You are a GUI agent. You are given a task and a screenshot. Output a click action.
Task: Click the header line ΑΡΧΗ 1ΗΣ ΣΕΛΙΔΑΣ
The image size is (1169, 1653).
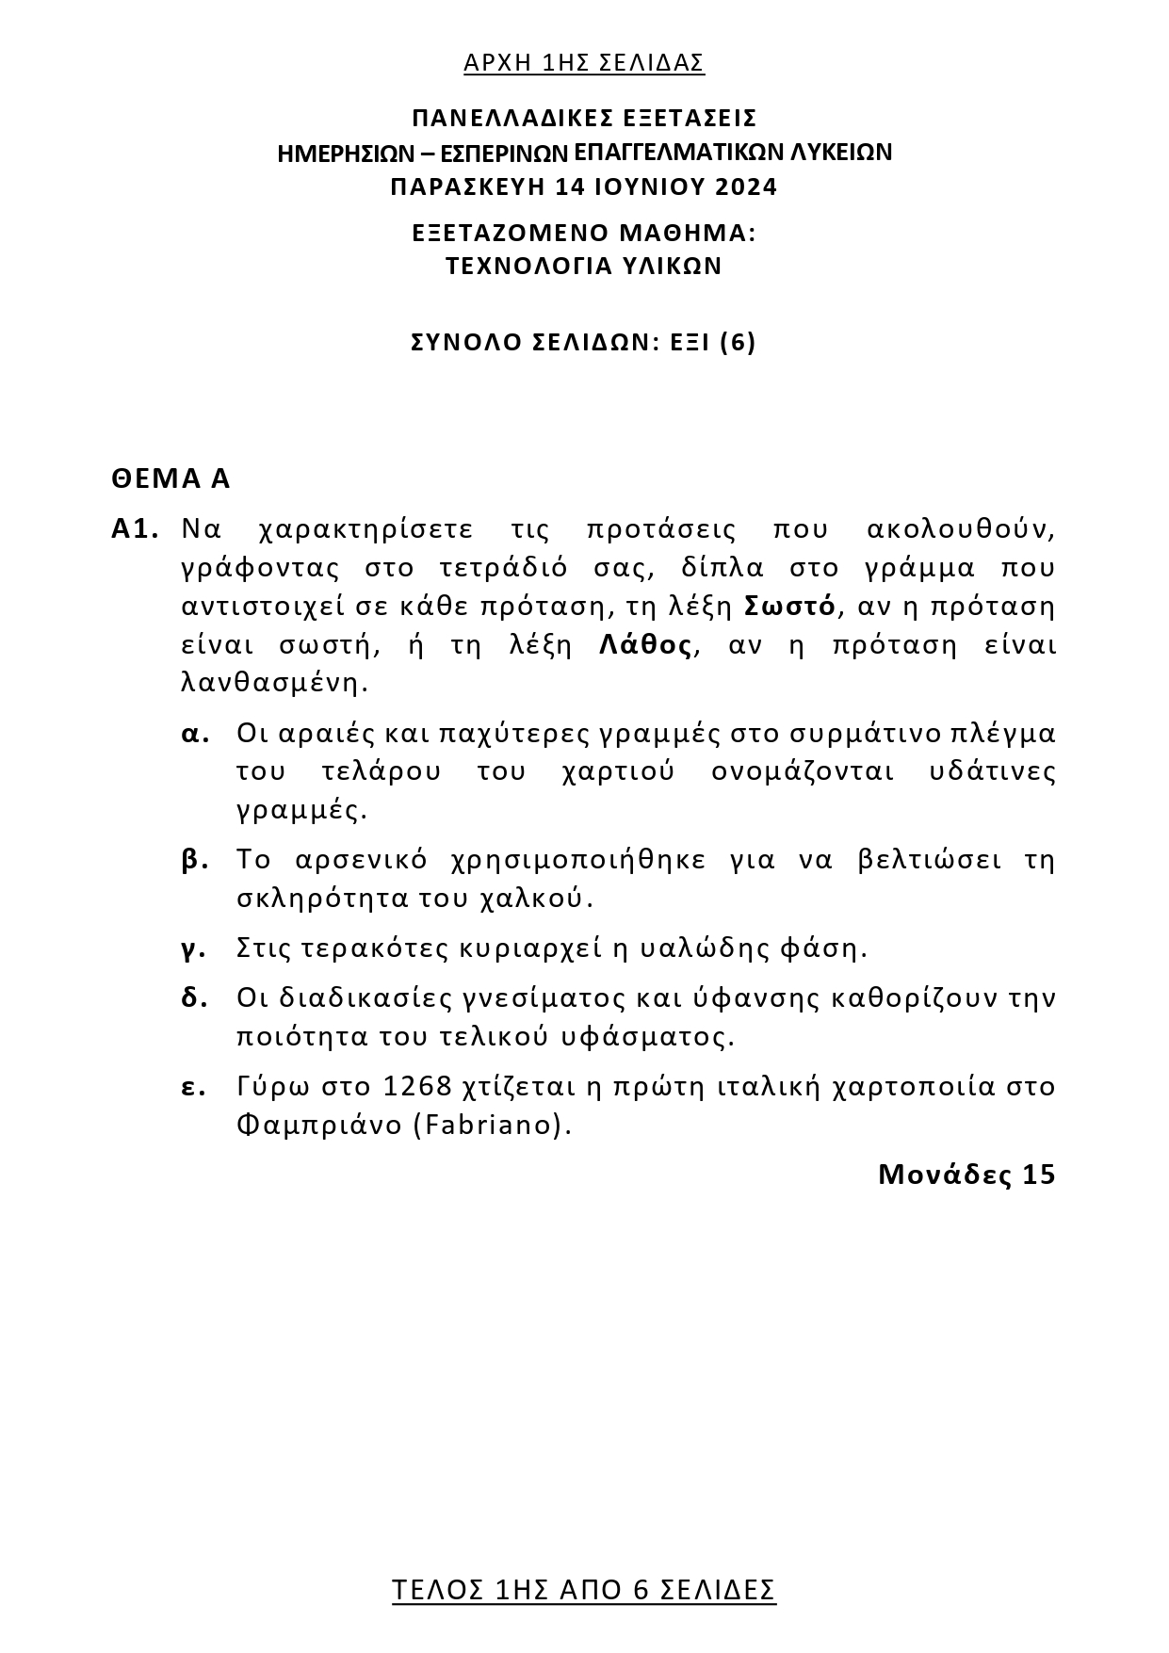coord(584,63)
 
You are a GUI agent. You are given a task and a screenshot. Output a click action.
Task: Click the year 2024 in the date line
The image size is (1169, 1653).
coord(746,186)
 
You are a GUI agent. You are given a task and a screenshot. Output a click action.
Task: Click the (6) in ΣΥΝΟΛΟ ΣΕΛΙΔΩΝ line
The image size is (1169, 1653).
coord(738,342)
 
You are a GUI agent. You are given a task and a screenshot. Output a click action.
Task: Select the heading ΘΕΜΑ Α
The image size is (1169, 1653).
coord(170,478)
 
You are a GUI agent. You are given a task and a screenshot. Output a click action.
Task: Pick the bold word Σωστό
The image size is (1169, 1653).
coord(789,606)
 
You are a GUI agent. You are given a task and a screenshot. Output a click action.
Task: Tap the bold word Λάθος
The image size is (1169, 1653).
coord(646,645)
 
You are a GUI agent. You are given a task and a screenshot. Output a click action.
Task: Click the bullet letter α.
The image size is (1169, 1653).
coord(194,733)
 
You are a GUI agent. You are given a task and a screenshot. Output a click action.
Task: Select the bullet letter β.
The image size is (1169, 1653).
coord(194,860)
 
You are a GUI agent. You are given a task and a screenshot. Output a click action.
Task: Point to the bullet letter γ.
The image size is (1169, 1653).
coord(193,948)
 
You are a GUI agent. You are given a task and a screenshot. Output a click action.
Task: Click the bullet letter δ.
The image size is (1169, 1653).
coord(194,997)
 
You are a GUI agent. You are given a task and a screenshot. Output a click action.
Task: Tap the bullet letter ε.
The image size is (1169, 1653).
coord(193,1087)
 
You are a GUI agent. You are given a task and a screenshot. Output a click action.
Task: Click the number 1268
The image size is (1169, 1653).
coord(418,1087)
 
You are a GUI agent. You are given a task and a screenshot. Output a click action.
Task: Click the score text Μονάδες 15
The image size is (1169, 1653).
coord(966,1175)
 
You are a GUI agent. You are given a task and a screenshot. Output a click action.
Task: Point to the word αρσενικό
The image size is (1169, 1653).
coord(361,860)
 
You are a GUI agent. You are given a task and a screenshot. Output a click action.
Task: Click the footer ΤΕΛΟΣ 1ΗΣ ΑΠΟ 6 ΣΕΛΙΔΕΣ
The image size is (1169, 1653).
coord(584,1591)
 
